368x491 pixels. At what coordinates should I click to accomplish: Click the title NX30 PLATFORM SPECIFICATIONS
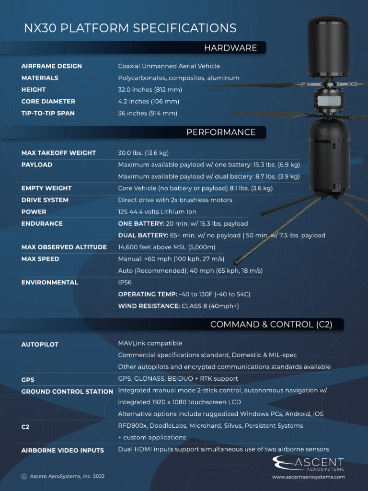point(130,28)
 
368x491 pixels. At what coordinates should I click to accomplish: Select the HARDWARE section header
point(230,48)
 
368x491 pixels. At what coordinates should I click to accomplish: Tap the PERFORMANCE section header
point(221,132)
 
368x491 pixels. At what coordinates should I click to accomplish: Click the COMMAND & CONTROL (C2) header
point(271,325)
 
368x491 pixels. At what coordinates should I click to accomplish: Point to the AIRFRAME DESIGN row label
point(51,66)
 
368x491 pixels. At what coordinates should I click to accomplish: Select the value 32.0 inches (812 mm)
point(150,90)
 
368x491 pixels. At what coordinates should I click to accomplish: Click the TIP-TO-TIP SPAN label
point(47,114)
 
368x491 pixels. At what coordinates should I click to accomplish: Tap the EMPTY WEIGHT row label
point(46,188)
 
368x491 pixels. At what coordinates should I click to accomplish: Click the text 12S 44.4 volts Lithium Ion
point(157,212)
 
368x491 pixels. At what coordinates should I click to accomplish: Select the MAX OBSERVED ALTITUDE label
point(64,247)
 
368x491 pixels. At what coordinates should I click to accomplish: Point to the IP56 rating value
point(125,283)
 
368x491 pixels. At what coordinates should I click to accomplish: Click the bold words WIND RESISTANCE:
point(149,306)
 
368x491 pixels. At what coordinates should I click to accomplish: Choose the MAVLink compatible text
point(150,343)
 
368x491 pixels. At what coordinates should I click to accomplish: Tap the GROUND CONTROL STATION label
point(67,392)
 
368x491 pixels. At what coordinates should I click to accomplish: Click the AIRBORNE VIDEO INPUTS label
point(62,451)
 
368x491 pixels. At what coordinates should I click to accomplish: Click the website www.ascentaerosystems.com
point(308,477)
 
